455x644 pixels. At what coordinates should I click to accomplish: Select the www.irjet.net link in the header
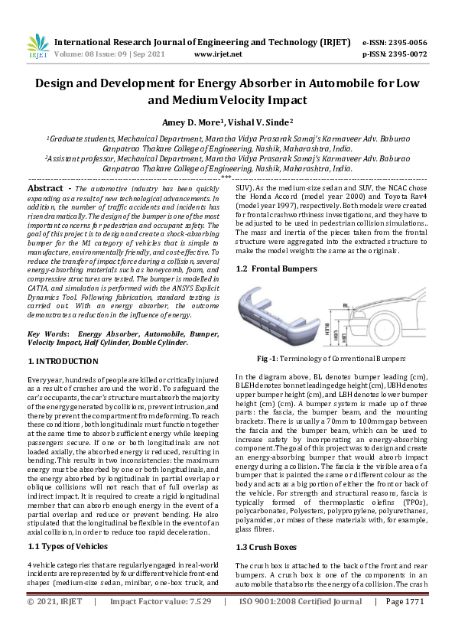coord(218,54)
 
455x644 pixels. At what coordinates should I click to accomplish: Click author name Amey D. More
coord(190,122)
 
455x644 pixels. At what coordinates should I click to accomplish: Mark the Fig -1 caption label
coord(268,358)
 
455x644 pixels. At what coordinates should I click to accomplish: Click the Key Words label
coord(48,334)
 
